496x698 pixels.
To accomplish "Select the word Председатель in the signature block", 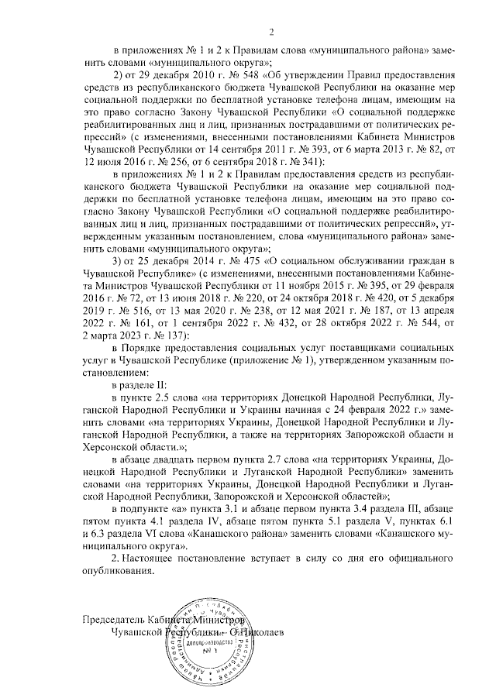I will [113, 620].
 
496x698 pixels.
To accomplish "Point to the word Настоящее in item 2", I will [151, 558].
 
